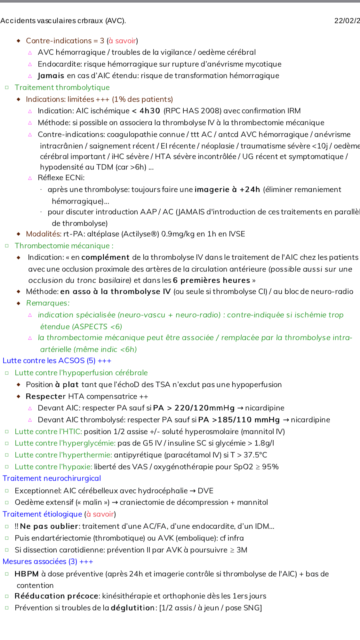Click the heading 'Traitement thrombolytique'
62,87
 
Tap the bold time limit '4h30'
149,111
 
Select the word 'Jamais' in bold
51,76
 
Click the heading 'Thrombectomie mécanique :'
64,246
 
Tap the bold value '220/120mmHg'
204,408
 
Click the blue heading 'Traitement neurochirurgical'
52,478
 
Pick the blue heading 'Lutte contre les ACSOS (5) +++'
57,361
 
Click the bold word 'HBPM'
27,574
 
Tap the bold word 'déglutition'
133,608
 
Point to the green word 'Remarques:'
48,303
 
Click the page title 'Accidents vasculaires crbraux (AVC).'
63,21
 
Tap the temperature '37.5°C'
255,455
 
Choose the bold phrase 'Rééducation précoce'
56,596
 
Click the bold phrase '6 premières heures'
211,280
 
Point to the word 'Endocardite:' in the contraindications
60,64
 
